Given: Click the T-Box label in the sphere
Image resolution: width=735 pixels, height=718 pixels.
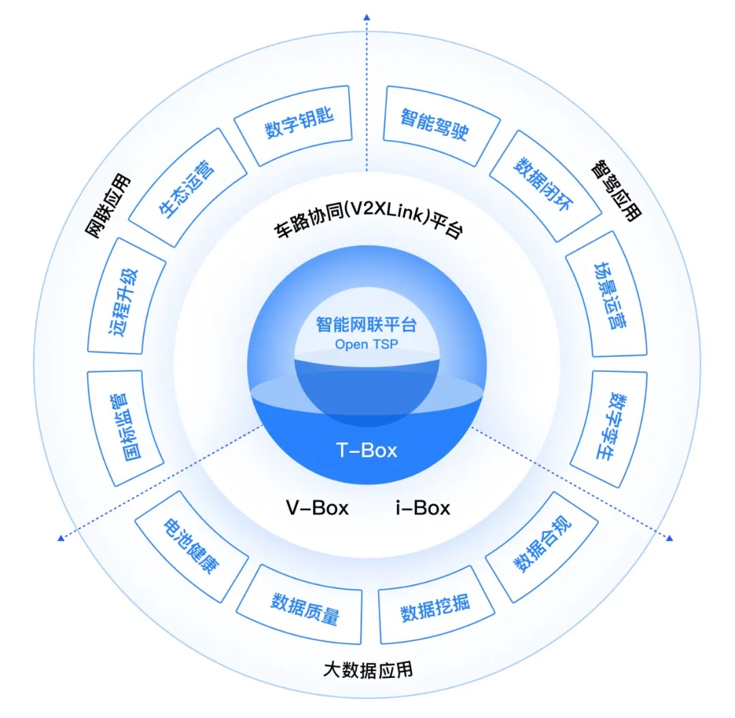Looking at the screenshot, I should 367,450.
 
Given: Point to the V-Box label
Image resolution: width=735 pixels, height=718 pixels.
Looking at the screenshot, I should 316,507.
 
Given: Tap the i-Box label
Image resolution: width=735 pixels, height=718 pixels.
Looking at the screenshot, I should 422,507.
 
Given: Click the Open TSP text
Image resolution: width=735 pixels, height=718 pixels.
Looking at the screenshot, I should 366,345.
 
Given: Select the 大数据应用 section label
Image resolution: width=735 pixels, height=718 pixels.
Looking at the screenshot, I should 367,669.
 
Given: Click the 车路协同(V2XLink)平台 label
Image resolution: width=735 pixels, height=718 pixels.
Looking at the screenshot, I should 367,228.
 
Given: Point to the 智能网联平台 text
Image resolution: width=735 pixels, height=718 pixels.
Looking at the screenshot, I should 366,325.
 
